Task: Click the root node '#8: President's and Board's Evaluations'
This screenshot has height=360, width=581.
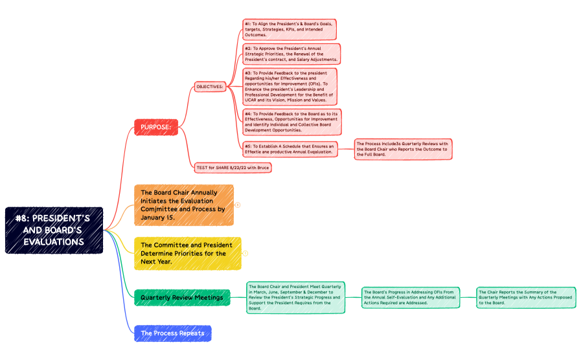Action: click(54, 230)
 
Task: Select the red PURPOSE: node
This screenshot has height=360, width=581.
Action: click(155, 128)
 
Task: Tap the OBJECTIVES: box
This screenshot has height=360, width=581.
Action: click(210, 86)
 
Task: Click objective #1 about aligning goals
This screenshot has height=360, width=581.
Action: click(290, 29)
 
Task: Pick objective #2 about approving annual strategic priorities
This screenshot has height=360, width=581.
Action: click(291, 53)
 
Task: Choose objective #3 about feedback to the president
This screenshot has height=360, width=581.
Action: click(290, 86)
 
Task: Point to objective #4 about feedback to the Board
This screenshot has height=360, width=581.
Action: click(291, 122)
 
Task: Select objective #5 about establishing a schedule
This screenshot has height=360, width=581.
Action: click(290, 150)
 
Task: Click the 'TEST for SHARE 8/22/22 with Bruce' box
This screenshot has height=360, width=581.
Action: click(233, 167)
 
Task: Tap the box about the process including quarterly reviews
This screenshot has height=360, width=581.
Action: click(402, 150)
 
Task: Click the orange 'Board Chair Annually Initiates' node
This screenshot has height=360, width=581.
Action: click(183, 205)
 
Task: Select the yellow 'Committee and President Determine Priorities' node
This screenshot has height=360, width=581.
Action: click(187, 253)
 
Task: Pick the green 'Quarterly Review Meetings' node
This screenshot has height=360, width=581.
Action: click(182, 298)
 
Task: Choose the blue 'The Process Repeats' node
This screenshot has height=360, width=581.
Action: click(173, 333)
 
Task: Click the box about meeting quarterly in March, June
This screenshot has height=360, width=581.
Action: click(295, 297)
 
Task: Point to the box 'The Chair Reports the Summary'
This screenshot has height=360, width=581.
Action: click(526, 297)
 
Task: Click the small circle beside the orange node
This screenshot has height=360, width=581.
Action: click(238, 205)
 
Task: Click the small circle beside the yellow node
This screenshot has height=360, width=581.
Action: click(245, 253)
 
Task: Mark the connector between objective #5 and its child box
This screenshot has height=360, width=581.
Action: click(345, 150)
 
